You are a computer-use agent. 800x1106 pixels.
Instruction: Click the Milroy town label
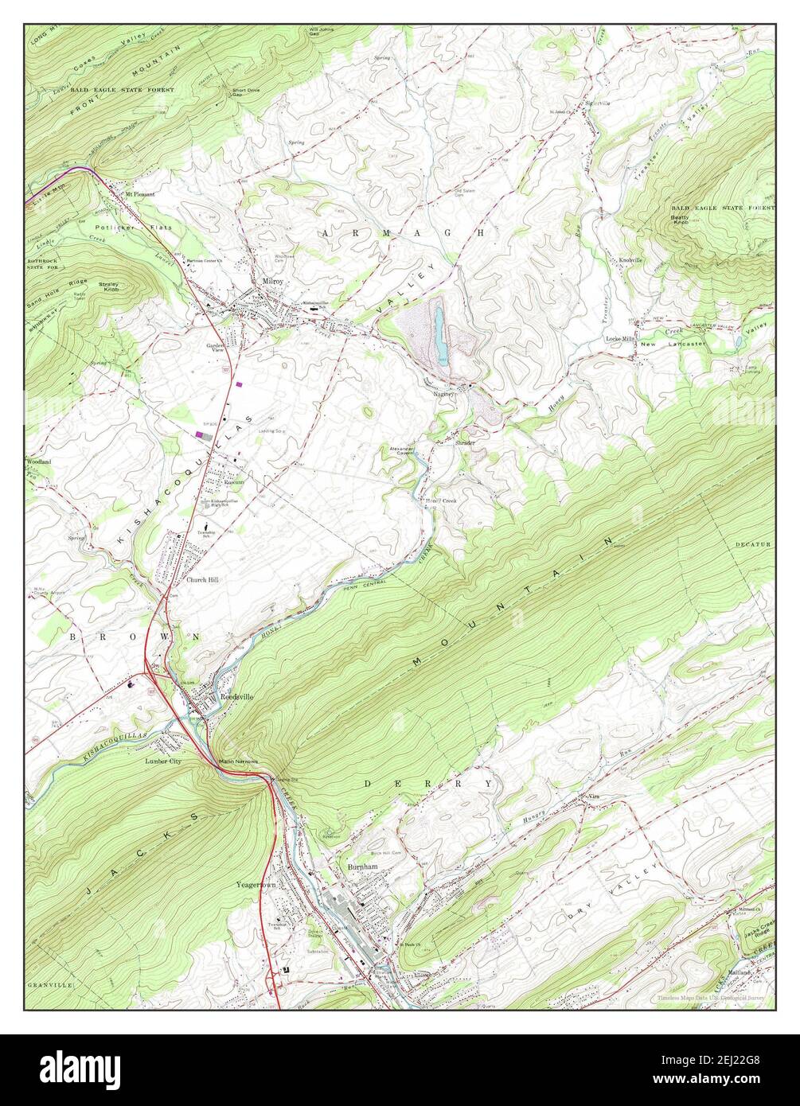pos(273,282)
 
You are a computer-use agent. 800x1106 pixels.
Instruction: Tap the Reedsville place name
pos(236,696)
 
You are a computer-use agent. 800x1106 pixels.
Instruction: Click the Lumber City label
pos(163,761)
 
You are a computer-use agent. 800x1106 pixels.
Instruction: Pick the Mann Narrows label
pos(240,761)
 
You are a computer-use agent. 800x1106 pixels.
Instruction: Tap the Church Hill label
pos(202,580)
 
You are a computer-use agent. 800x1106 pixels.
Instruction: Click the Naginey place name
pos(443,393)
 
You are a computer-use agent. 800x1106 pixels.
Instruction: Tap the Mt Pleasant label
pos(139,193)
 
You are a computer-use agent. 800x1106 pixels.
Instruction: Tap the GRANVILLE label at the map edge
pos(50,984)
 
